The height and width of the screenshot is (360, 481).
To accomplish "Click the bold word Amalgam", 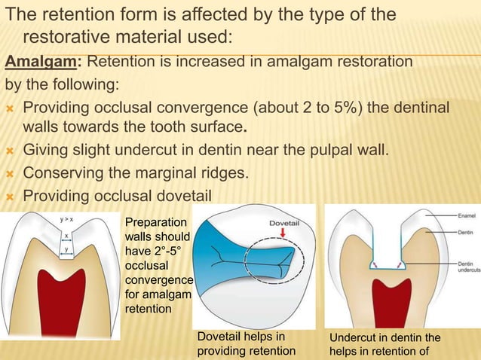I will pos(37,60).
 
